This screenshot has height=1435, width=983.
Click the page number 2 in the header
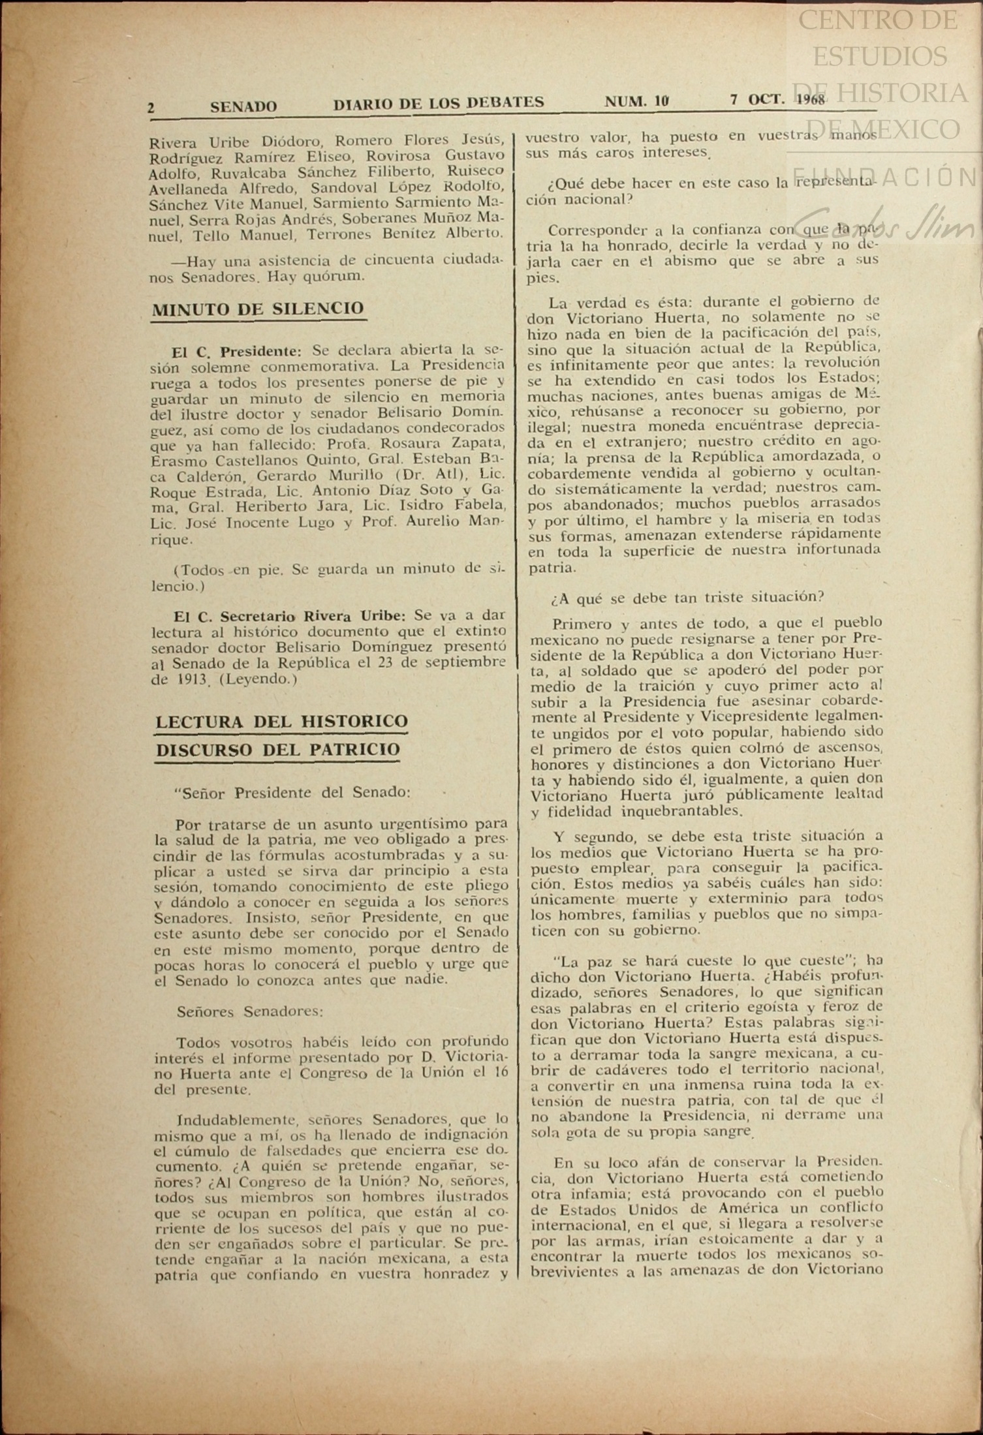[151, 108]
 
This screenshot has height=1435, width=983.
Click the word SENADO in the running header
[243, 106]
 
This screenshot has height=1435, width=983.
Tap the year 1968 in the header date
[811, 100]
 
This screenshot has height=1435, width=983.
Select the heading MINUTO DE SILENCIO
[258, 308]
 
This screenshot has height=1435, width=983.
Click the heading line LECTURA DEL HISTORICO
[281, 722]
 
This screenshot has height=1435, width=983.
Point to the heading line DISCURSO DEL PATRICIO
[277, 750]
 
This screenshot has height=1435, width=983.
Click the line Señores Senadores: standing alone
[250, 1011]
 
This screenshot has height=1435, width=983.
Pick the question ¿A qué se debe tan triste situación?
[686, 596]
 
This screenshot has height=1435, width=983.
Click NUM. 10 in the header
[636, 101]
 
